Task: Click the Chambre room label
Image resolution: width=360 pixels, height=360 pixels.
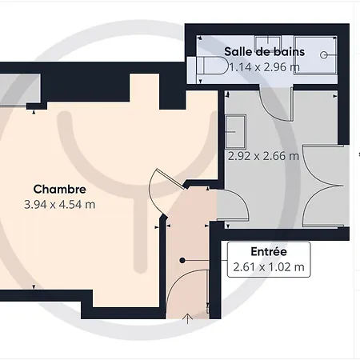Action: coord(60,190)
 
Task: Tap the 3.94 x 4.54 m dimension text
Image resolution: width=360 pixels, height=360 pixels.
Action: coord(60,205)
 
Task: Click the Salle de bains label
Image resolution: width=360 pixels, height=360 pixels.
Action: coord(264,52)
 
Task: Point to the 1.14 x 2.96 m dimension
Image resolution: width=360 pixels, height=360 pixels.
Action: coord(264,67)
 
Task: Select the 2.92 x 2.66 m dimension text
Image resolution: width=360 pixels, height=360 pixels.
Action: coord(263,156)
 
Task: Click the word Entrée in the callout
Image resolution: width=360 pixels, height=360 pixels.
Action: coord(269,251)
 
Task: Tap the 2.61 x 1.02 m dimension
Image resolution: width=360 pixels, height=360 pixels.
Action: coord(269,266)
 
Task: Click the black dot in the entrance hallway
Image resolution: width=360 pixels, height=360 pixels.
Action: coord(182,260)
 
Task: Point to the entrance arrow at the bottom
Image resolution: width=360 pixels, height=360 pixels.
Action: coord(188,318)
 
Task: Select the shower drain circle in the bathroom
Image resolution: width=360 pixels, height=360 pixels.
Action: coord(324,55)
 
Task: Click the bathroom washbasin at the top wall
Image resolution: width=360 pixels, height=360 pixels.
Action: coord(267,42)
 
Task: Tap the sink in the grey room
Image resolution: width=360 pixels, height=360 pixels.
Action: coord(235,131)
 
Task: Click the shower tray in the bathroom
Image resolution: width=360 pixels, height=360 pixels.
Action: coord(315,55)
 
